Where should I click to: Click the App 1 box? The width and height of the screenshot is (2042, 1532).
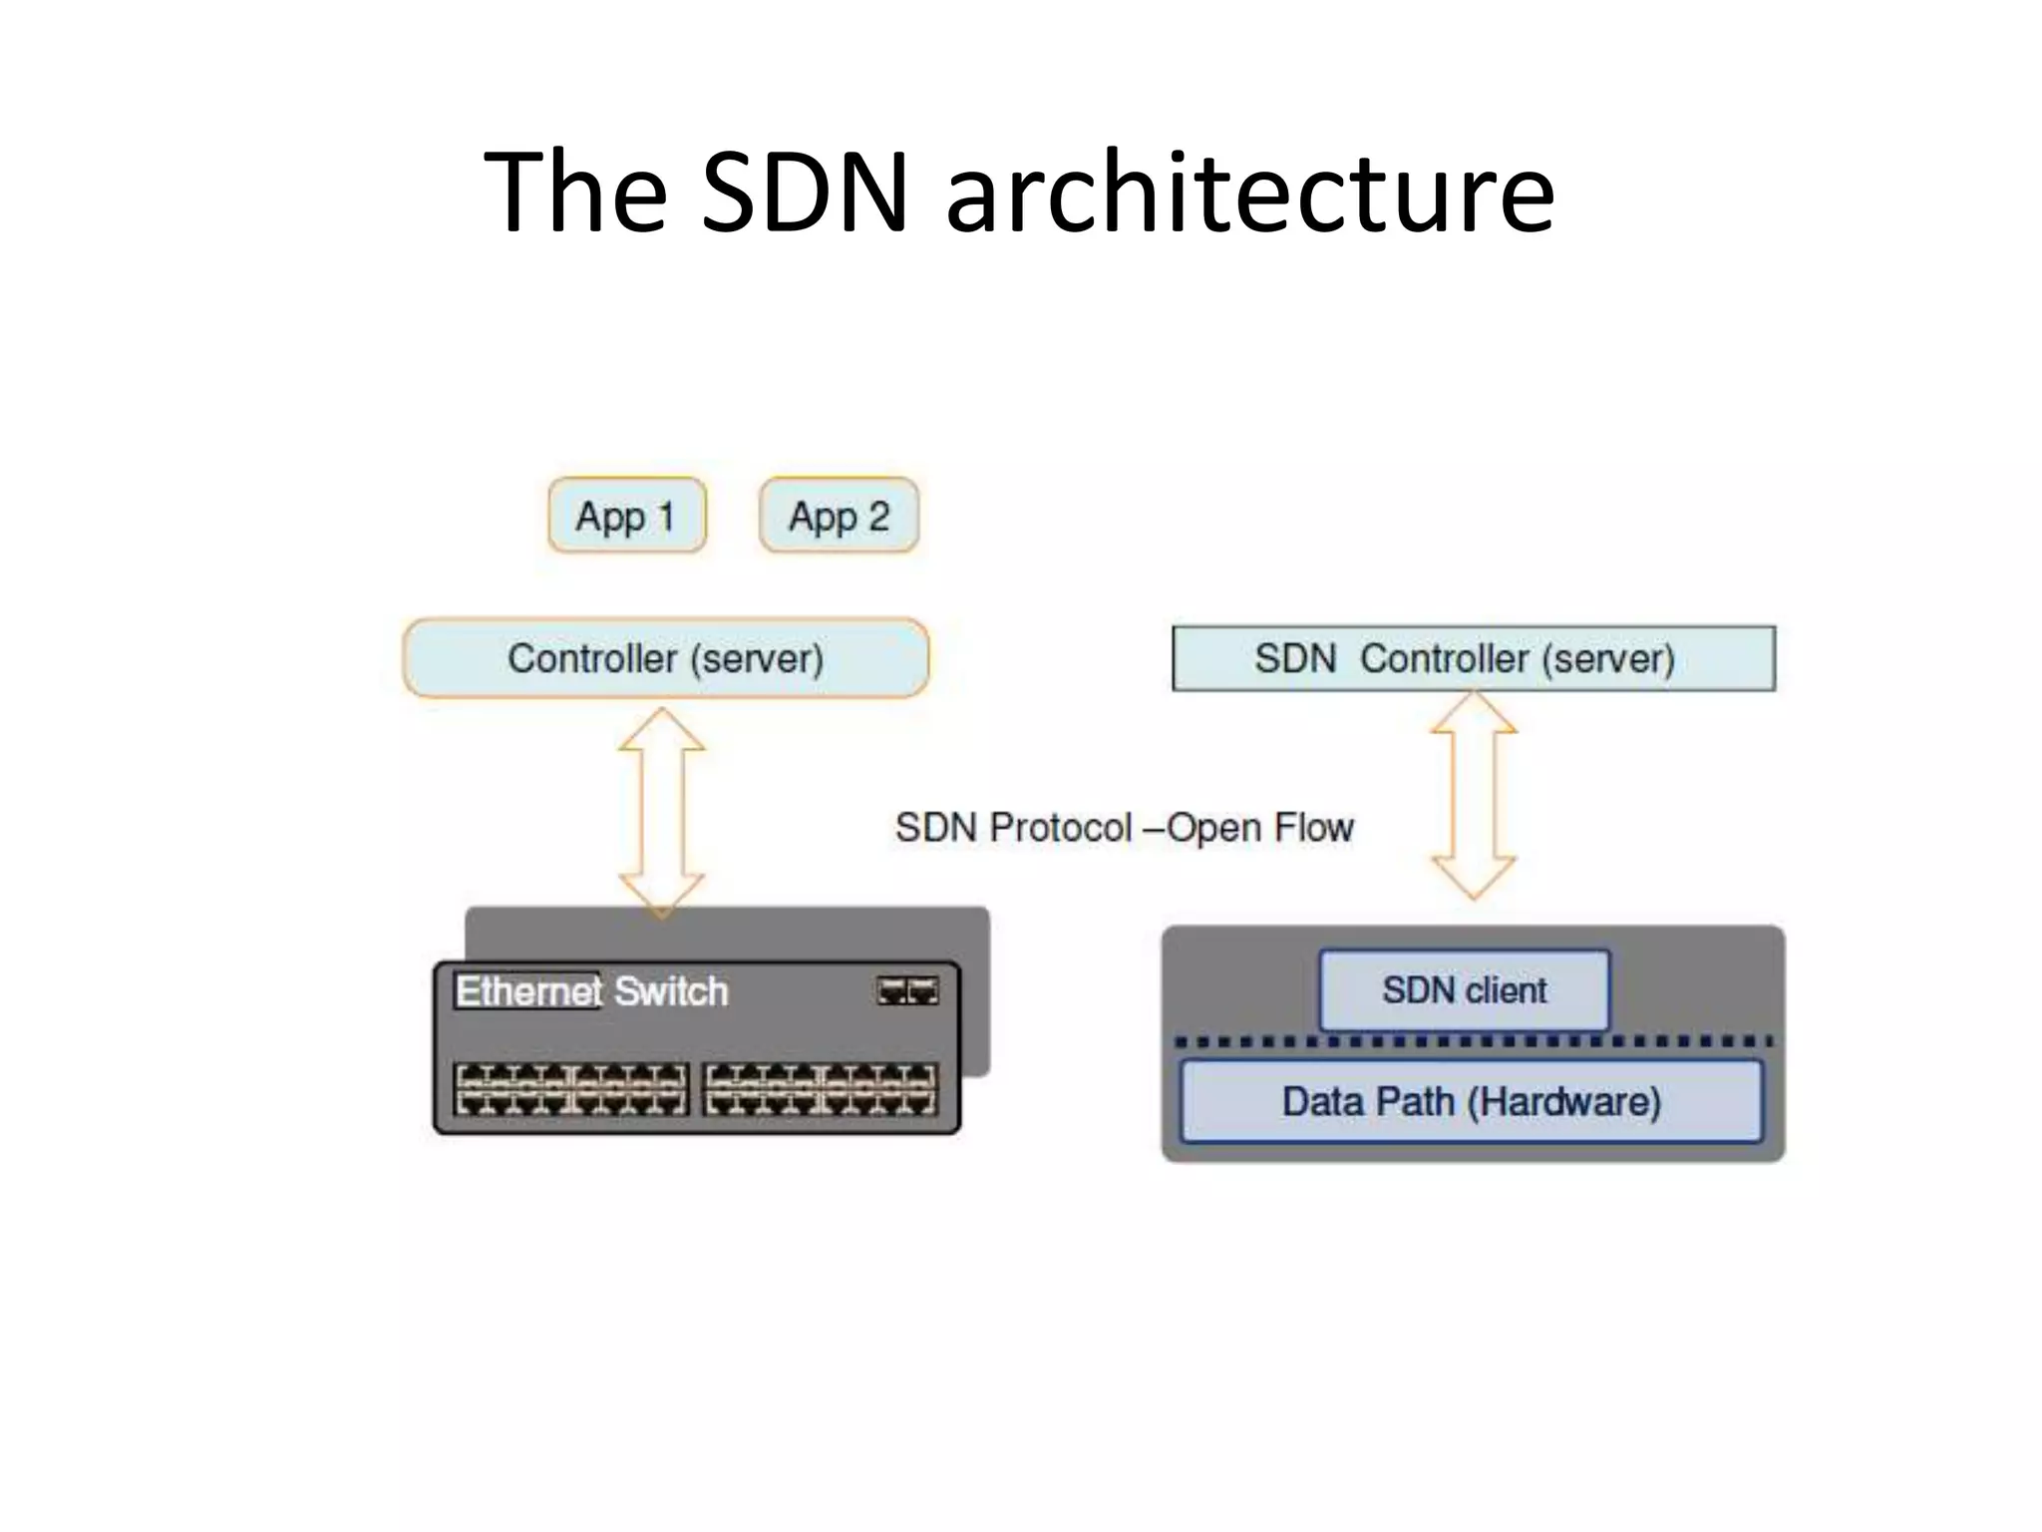point(626,516)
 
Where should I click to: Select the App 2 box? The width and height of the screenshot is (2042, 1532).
point(839,516)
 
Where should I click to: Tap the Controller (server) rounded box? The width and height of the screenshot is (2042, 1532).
point(665,658)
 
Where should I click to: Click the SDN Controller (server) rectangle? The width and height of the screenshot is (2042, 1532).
point(1473,658)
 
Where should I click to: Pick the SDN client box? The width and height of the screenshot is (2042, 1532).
point(1464,990)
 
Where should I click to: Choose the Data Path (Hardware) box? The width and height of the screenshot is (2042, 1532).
point(1471,1101)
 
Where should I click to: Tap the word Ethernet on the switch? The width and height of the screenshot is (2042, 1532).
point(528,991)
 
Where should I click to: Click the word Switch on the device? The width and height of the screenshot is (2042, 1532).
point(671,991)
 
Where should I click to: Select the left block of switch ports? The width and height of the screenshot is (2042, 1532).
point(571,1088)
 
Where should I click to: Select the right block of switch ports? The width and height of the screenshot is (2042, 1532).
point(821,1088)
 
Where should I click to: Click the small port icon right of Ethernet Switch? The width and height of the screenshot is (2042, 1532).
point(907,990)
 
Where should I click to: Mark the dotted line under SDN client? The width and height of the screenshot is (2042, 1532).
point(1473,1041)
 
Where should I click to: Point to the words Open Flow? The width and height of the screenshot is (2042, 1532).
point(1260,828)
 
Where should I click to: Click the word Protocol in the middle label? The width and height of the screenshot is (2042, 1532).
point(1061,828)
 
